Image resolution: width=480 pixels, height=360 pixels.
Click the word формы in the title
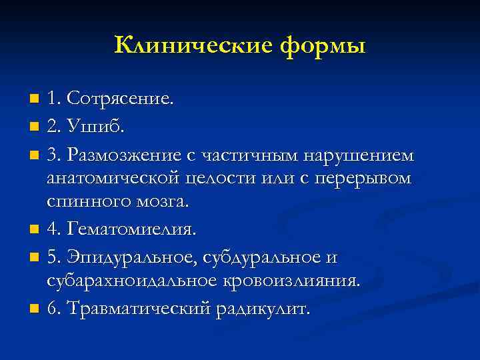click(323, 47)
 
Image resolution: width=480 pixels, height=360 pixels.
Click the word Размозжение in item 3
click(127, 155)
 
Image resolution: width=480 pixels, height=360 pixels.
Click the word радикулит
click(263, 309)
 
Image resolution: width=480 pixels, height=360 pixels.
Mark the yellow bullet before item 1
click(35, 100)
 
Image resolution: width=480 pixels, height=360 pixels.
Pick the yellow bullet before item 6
click(35, 309)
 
